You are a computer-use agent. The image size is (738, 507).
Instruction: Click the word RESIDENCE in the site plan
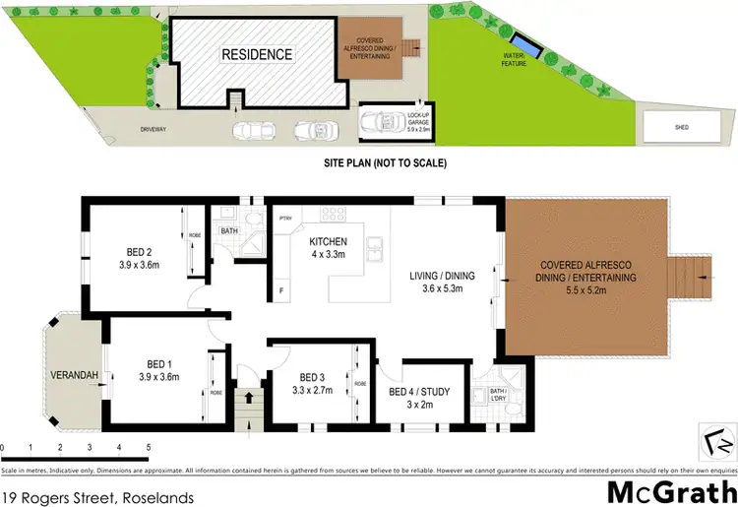pos(256,54)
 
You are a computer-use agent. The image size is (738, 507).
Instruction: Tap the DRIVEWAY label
pos(154,129)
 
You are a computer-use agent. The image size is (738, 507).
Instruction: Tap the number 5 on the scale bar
pos(148,448)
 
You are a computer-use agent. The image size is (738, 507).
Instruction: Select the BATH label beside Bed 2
pos(229,232)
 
